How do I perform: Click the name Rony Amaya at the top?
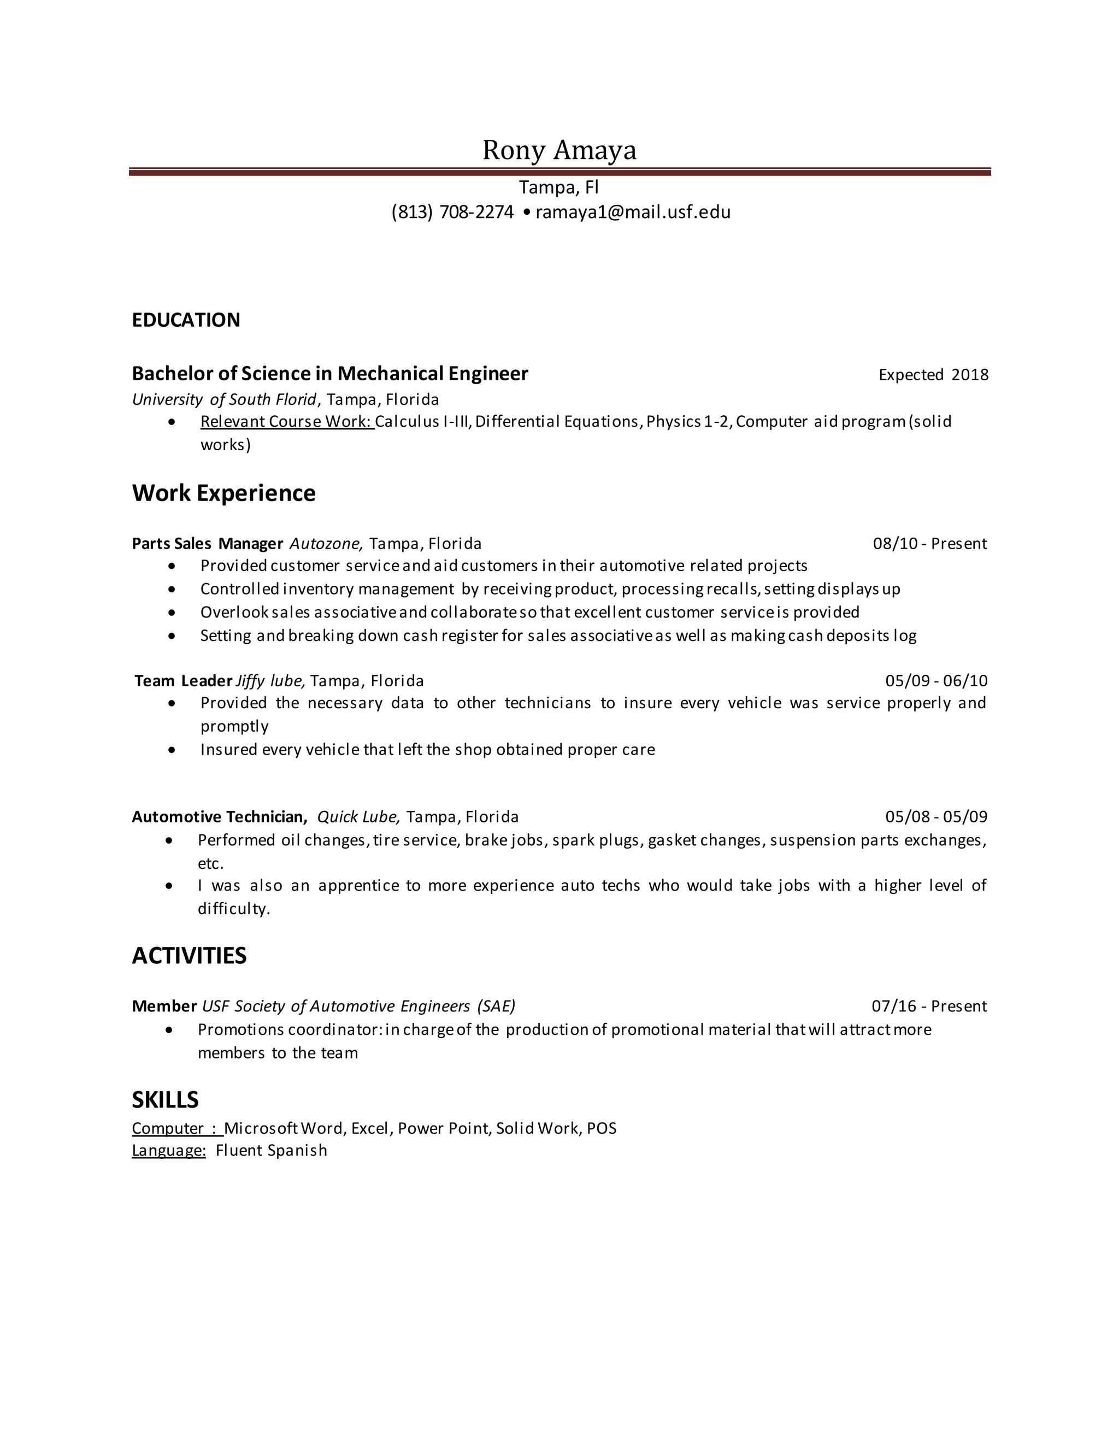(559, 150)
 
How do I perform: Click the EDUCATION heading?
(186, 320)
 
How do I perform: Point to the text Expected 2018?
(933, 375)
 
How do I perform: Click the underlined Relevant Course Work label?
(287, 422)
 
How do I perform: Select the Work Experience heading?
(223, 493)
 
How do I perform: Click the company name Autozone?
(326, 544)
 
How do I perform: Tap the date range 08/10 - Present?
(929, 544)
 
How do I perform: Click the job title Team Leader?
(183, 681)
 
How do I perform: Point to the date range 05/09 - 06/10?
(936, 681)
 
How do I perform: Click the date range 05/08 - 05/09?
(936, 817)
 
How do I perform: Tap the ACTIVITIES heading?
(189, 956)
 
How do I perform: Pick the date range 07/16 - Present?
(929, 1006)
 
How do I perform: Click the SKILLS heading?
(165, 1100)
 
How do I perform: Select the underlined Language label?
(169, 1150)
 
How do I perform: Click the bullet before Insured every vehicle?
(172, 750)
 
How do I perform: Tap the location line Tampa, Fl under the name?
(558, 187)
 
